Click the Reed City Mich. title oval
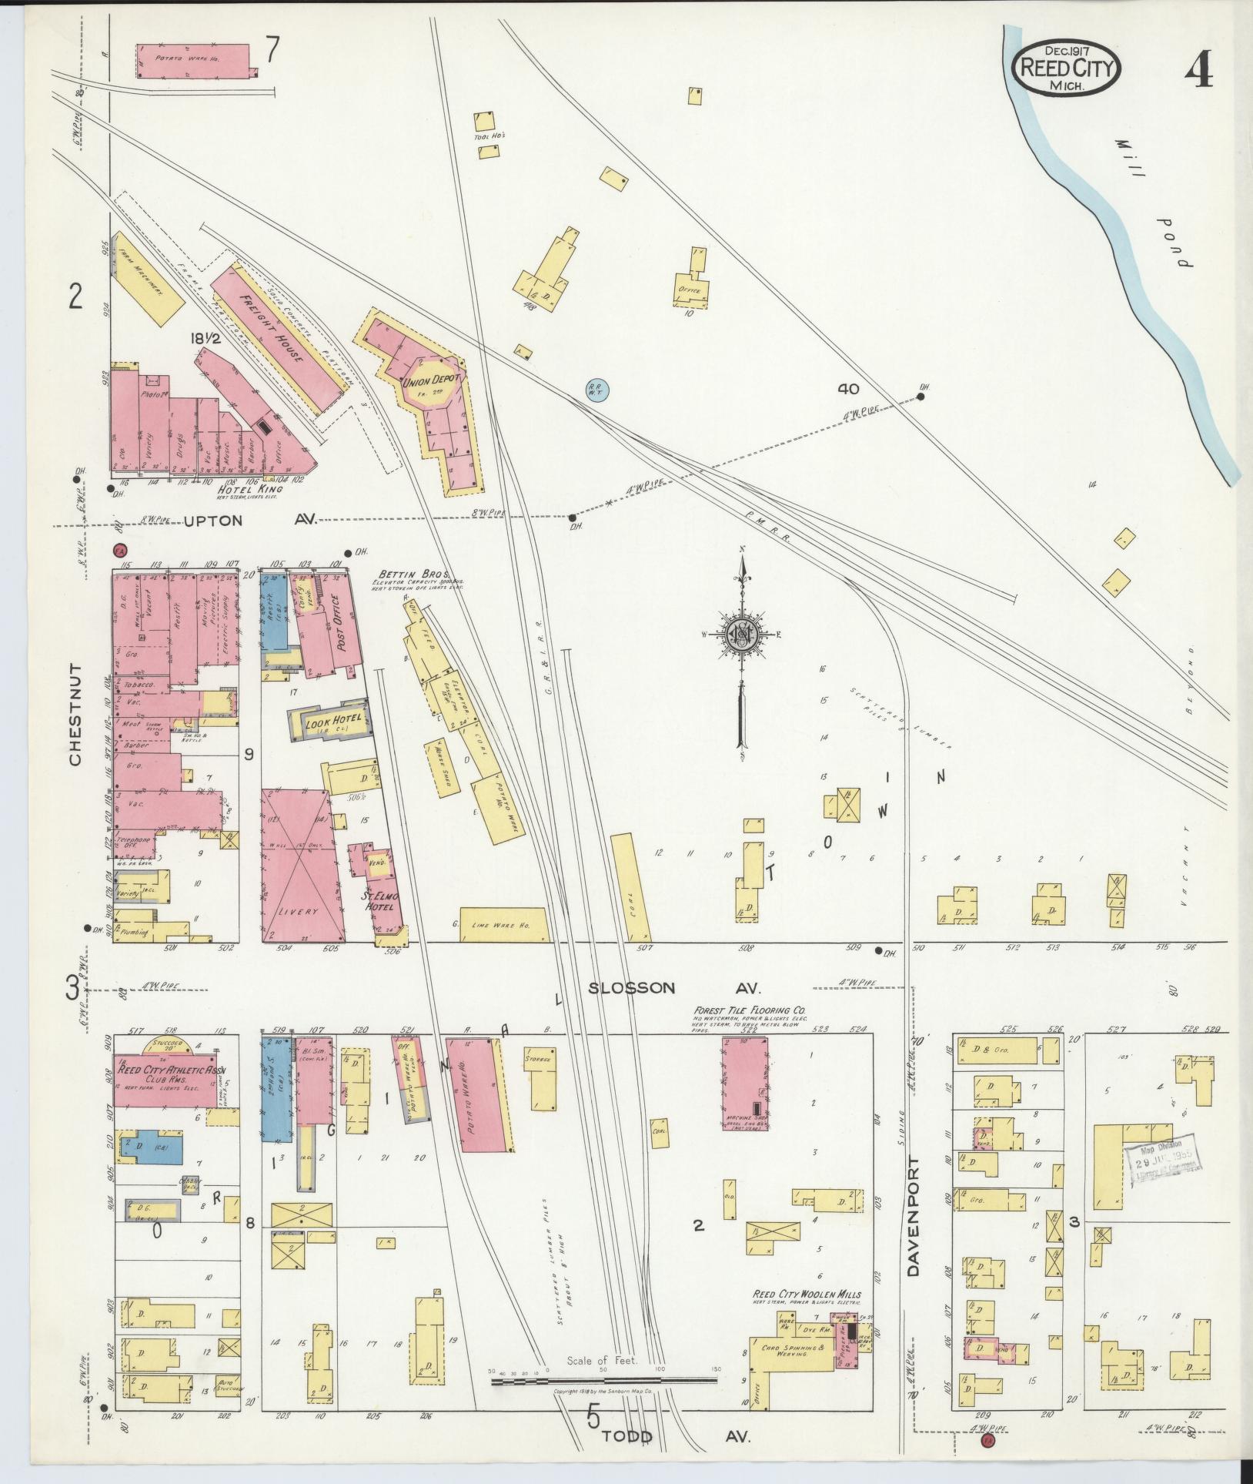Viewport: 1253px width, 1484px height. tap(1066, 69)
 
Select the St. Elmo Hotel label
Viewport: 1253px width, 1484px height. tap(378, 901)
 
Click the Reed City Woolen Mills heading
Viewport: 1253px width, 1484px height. tap(806, 1295)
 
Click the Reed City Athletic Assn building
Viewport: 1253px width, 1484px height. tap(172, 1080)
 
